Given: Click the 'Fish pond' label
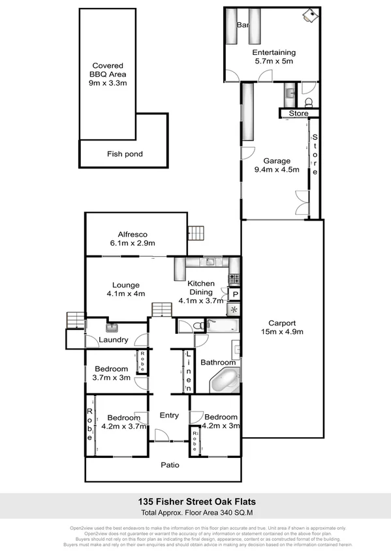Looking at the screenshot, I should coord(124,154).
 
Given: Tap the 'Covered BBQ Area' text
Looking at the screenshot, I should coord(108,74).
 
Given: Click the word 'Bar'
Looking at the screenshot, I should coord(243,25).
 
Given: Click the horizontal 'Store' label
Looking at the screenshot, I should coord(298,114).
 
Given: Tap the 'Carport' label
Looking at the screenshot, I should coord(282,323).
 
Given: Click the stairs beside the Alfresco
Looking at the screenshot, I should coord(198,233).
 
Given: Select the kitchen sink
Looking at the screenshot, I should coord(210,263).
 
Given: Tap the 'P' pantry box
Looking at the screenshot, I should coord(234,295).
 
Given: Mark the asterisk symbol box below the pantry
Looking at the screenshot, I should coord(234,310).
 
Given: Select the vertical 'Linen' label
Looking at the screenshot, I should coord(187,372).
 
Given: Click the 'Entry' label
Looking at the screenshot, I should coord(168,415).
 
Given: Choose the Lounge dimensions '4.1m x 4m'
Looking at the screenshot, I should coord(121,293).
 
